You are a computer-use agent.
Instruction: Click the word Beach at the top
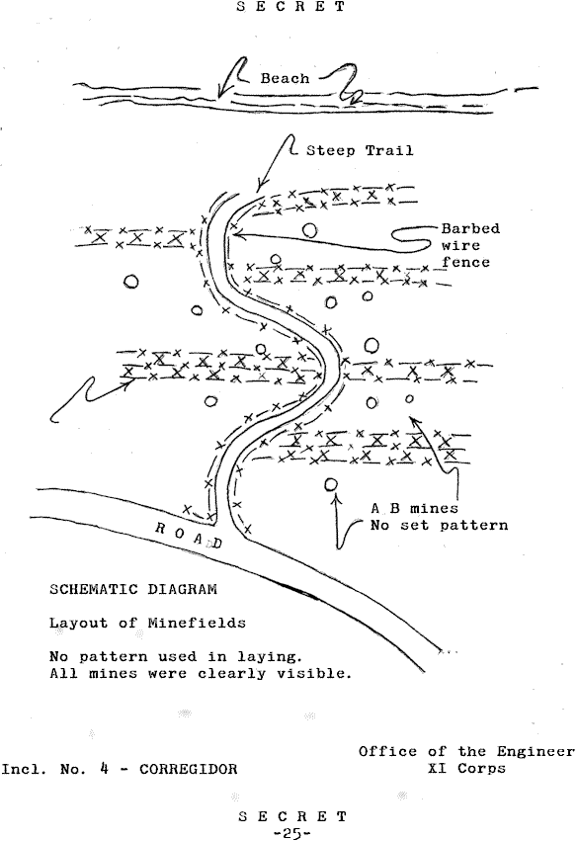(x=285, y=78)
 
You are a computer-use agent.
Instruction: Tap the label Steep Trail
(x=360, y=150)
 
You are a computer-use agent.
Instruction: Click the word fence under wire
(x=465, y=262)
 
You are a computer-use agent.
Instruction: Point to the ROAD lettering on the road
(x=188, y=536)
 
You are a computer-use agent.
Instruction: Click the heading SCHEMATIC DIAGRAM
(x=133, y=589)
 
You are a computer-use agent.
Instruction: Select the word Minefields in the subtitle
(x=197, y=623)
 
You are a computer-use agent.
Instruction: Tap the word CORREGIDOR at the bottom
(x=188, y=769)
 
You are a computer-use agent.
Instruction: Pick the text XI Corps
(x=466, y=768)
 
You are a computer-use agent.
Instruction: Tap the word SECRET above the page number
(x=292, y=816)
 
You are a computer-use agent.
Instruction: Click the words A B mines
(x=414, y=508)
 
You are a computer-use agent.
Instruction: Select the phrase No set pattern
(x=439, y=525)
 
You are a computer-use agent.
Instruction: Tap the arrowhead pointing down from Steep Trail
(x=259, y=187)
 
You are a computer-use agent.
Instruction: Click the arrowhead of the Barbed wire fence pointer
(x=236, y=234)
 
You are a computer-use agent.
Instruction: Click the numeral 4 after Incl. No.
(x=105, y=769)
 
